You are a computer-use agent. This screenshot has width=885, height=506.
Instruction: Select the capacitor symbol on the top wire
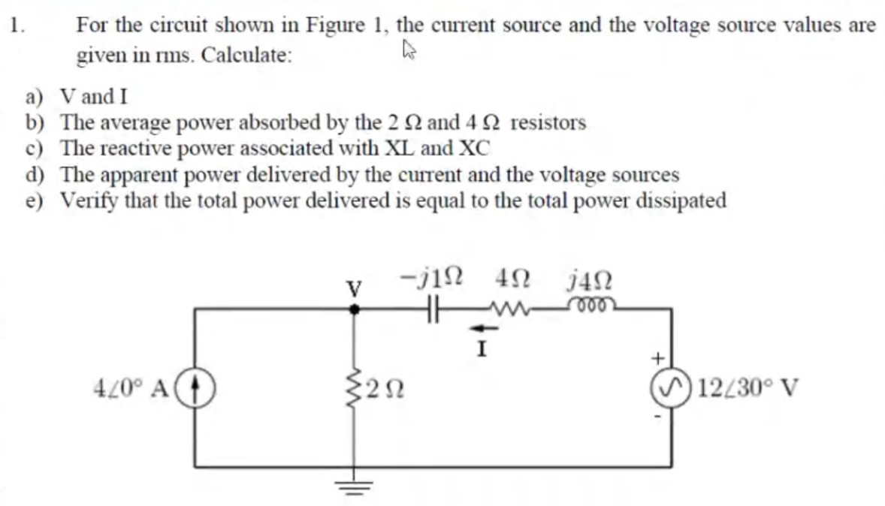pos(433,306)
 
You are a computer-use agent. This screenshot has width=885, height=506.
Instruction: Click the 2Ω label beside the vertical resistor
pos(387,389)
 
